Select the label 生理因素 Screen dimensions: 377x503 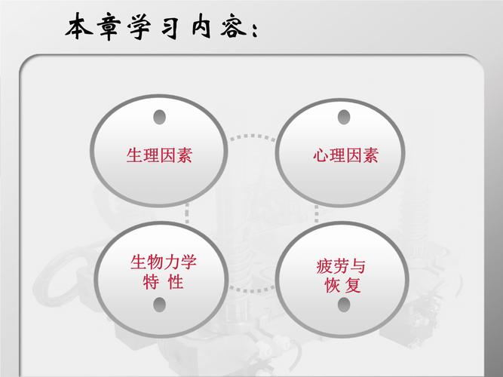coord(159,156)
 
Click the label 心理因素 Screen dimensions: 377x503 coord(345,156)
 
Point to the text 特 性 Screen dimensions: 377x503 coord(164,283)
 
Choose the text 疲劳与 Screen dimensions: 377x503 coord(341,266)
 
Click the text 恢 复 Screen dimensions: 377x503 coord(341,286)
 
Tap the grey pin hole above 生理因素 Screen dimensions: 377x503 coord(159,118)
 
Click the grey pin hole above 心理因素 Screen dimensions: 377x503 coord(344,118)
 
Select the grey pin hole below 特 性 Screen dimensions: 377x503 coord(159,305)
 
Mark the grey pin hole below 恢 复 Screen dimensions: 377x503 coord(344,305)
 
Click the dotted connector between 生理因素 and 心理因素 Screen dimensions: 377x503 coord(251,137)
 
